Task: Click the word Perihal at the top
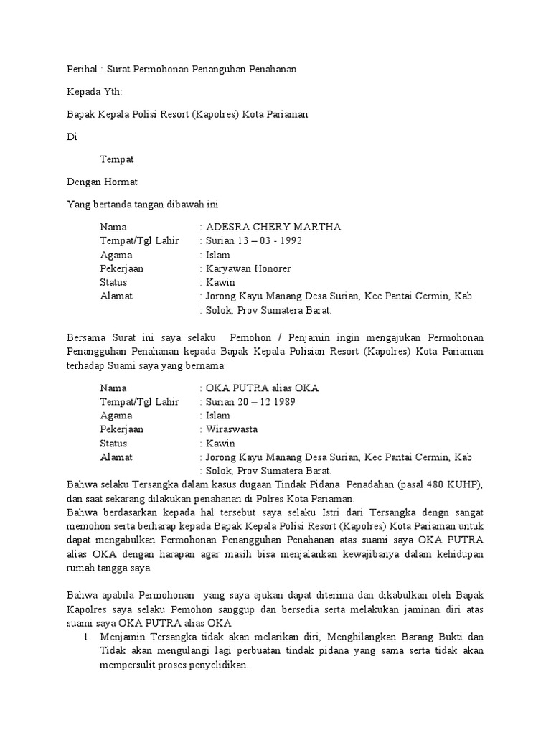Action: [x=81, y=69]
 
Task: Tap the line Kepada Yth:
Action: [x=94, y=92]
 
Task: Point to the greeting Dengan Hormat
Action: [x=102, y=182]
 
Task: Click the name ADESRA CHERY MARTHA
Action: [x=273, y=227]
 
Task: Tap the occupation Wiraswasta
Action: [x=232, y=429]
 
